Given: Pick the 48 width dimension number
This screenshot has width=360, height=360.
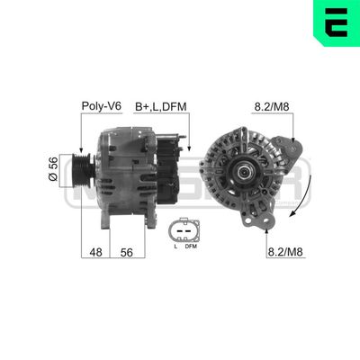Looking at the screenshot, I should (94, 254).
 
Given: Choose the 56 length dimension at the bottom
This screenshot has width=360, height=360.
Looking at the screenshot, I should (126, 254).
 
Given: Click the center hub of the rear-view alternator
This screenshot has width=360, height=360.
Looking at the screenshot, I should (242, 172).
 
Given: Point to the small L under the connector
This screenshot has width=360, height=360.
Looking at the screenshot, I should (175, 247).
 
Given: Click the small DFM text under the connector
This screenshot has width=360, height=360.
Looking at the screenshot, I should (191, 247).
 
